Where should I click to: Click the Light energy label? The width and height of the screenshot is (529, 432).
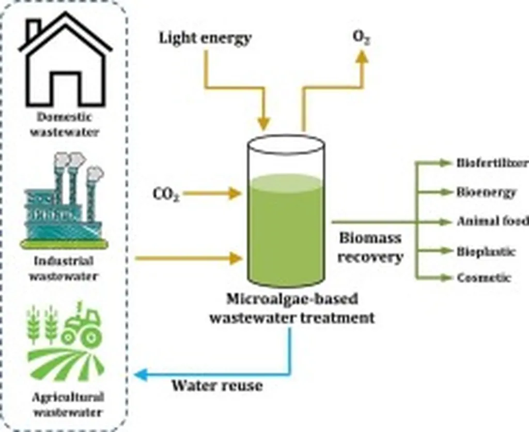coord(205,38)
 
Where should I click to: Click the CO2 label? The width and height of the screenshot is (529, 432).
coord(166,195)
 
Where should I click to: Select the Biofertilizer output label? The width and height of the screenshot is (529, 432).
coord(492,163)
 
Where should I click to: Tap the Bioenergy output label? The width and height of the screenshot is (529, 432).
coord(486,192)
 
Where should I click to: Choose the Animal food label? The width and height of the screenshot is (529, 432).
coord(492,221)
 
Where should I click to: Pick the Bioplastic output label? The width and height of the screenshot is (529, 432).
coord(486,251)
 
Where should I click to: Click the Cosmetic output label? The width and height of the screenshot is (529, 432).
coord(484,278)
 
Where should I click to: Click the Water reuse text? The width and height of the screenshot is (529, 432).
coord(217,385)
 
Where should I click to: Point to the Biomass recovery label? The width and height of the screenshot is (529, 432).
coord(370,247)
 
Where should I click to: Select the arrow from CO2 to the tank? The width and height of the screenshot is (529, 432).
coord(212,194)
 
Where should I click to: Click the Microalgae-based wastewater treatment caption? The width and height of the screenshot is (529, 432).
coord(292,308)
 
